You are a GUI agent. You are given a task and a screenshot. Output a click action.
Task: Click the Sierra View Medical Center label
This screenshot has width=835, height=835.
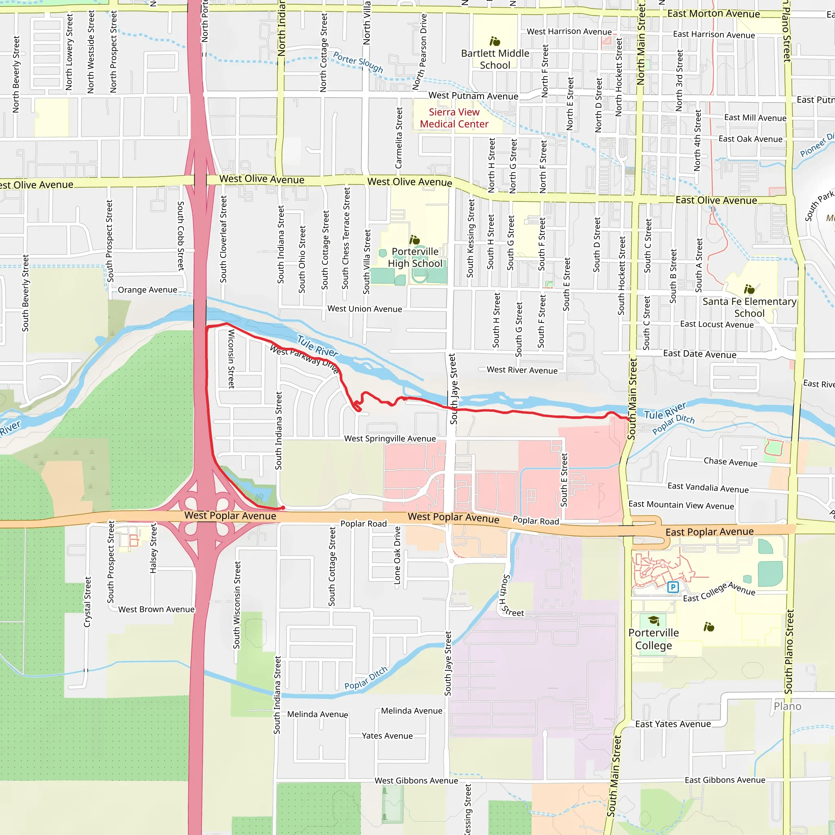(454, 118)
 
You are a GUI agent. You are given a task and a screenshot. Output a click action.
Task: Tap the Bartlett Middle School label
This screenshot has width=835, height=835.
(495, 59)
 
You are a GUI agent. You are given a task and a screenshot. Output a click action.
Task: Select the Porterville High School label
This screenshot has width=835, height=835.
(415, 257)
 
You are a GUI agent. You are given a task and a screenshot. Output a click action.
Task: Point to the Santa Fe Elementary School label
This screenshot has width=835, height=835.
(749, 307)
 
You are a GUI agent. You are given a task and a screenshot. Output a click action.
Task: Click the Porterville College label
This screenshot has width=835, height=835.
(653, 639)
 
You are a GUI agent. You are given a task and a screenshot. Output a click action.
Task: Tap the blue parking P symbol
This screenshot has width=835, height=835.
(672, 587)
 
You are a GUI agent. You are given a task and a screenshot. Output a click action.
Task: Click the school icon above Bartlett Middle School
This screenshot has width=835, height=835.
(495, 42)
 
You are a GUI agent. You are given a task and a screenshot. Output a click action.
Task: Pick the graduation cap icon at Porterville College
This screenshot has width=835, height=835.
(654, 621)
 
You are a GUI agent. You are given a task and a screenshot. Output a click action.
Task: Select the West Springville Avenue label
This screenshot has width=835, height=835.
(390, 439)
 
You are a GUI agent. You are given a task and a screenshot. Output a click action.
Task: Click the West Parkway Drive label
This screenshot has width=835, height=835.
(304, 358)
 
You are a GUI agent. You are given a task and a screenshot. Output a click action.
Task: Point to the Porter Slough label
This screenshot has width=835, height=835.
(358, 62)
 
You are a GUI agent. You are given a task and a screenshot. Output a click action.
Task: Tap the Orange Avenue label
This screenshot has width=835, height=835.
(147, 290)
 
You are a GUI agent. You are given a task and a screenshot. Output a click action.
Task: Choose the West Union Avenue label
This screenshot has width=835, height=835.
(364, 309)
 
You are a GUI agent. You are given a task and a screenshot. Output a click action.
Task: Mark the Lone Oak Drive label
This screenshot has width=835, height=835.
(397, 555)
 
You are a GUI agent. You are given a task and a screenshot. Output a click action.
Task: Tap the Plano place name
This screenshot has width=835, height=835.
(787, 706)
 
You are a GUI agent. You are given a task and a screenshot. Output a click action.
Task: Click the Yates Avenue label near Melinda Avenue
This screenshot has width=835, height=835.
(387, 736)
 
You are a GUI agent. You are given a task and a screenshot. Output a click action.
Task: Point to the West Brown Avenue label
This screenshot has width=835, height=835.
(156, 610)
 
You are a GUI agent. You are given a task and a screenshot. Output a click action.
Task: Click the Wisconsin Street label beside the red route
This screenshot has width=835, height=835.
(231, 359)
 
